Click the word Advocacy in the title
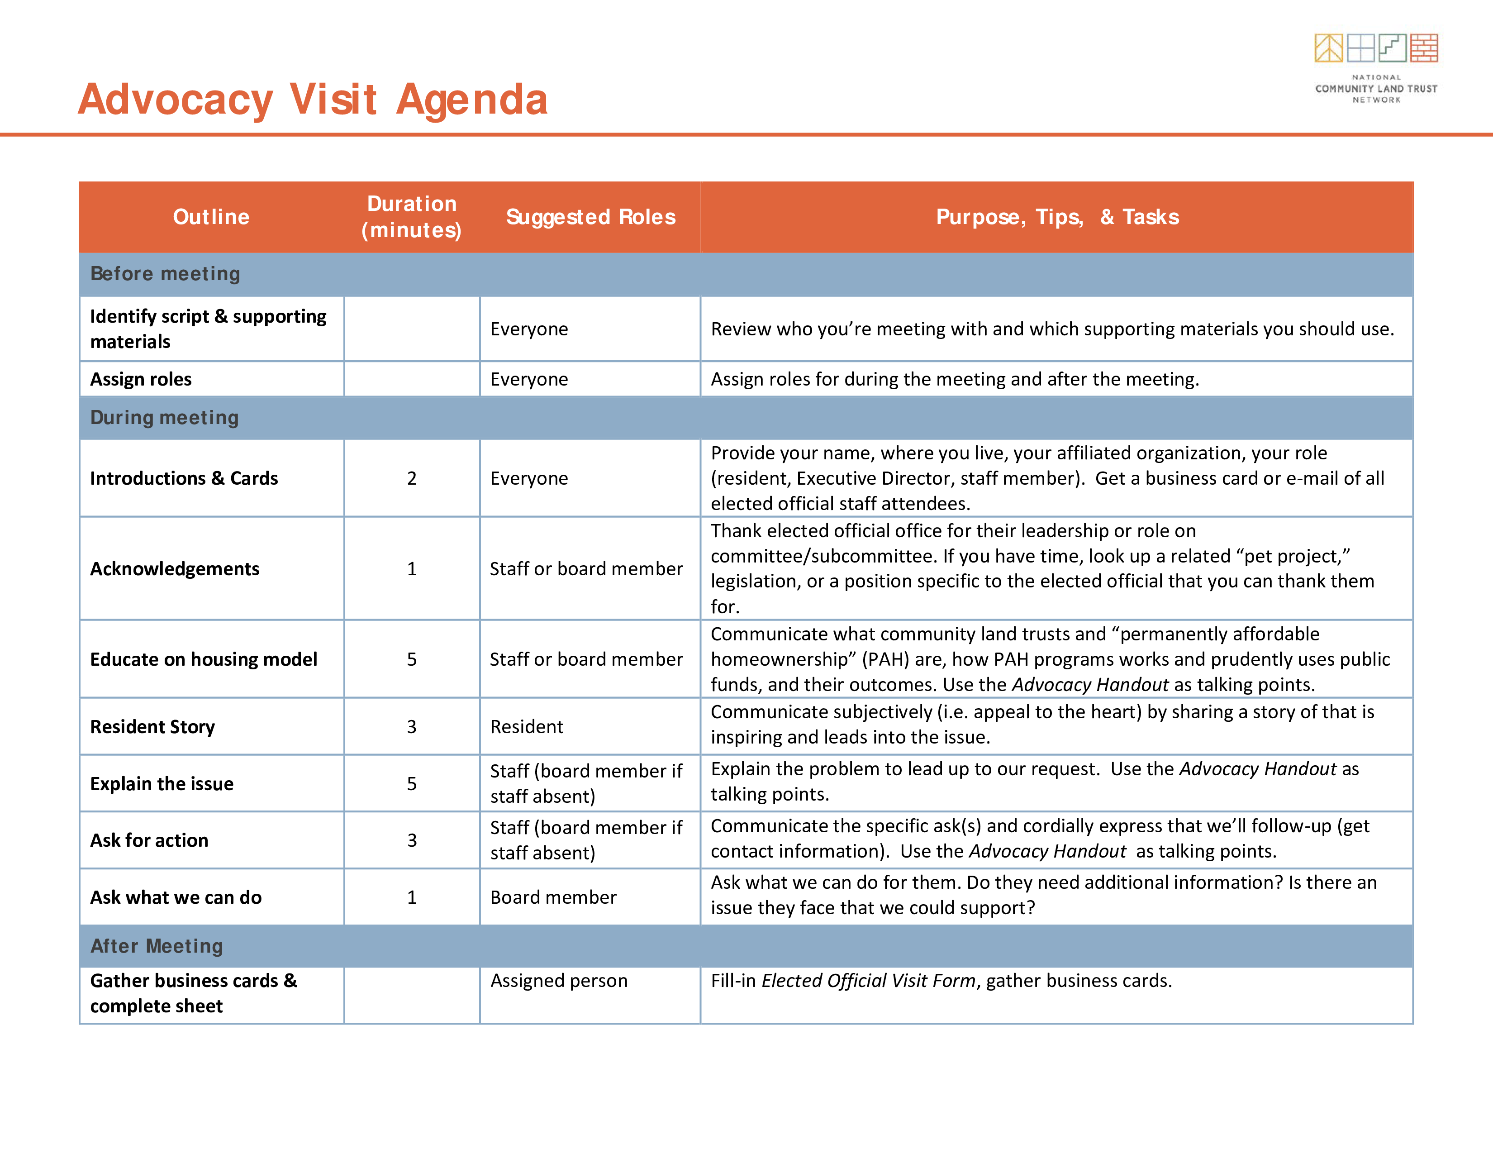(x=176, y=100)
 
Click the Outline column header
(x=211, y=217)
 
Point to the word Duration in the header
(x=412, y=204)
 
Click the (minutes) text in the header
(x=412, y=230)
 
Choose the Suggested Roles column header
(x=590, y=217)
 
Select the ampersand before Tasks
(x=1107, y=217)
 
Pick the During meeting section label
(x=164, y=417)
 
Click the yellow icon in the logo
(x=1329, y=48)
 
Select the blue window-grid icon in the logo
(x=1360, y=48)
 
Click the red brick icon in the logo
(x=1424, y=48)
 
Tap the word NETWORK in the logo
(x=1376, y=100)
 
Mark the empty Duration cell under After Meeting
(x=412, y=996)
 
